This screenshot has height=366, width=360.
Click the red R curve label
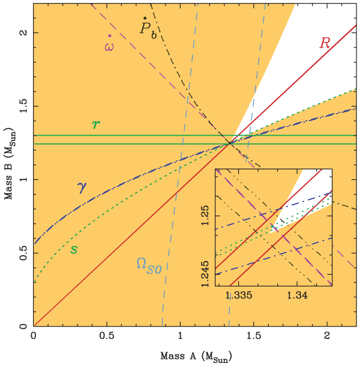point(325,43)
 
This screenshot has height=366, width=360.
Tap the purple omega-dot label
point(109,44)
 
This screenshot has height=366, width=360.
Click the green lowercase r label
point(95,124)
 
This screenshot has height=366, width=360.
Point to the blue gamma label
point(82,187)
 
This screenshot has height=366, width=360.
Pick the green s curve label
point(74,248)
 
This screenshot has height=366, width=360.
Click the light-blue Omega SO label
point(149,263)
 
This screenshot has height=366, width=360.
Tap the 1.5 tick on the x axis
point(254,337)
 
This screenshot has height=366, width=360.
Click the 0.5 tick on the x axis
point(107,337)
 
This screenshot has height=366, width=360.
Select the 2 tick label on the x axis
point(328,337)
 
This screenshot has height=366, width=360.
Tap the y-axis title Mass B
point(8,180)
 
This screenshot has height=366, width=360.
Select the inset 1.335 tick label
point(239,296)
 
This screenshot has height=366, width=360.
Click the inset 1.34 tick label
point(298,296)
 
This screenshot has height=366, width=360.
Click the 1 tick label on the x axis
point(181,337)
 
